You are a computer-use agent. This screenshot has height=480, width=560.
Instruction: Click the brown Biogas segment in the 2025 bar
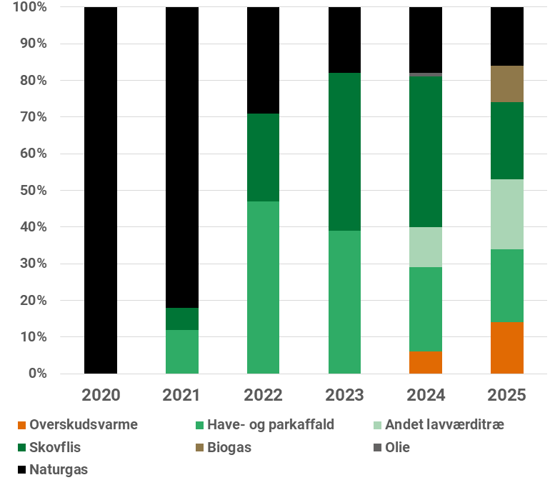coord(507,84)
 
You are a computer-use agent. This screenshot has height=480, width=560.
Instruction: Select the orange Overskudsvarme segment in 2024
coord(426,362)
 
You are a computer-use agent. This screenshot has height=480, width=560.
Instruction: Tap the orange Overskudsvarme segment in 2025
coord(507,348)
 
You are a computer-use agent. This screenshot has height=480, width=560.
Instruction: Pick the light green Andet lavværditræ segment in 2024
coord(426,247)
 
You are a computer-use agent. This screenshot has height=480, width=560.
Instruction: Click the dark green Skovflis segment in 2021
coord(182,319)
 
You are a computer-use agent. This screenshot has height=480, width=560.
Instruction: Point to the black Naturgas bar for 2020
coord(101,190)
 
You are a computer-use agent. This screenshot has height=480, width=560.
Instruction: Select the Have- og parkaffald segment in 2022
coord(263,287)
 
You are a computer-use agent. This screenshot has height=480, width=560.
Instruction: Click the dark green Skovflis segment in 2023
coord(344,151)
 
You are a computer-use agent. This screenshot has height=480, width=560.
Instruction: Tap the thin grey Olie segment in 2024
coord(426,74)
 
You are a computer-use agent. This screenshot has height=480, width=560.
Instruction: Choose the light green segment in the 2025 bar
coord(507,214)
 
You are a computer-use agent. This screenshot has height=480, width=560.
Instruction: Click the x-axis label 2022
coord(263,395)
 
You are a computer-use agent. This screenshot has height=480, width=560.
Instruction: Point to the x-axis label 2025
coord(507,395)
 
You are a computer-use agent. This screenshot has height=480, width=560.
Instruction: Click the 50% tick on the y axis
coord(31,191)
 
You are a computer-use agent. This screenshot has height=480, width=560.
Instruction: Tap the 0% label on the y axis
coord(36,374)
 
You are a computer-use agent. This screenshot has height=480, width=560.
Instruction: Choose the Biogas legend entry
coord(229,448)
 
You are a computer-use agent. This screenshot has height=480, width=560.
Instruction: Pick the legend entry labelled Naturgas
coord(58,469)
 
